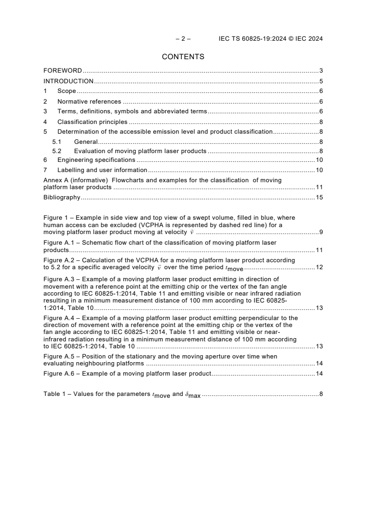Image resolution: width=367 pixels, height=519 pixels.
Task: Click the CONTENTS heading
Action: click(x=183, y=57)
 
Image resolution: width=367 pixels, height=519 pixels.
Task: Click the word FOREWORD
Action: click(x=62, y=71)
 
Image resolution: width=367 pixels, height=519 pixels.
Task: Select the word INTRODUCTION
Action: click(x=68, y=81)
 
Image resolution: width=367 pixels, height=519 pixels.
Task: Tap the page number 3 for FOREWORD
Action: click(x=321, y=71)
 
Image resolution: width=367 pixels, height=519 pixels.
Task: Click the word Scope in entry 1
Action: click(x=67, y=91)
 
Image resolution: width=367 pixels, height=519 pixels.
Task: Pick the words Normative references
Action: click(x=89, y=101)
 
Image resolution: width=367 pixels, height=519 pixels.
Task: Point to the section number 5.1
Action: click(x=56, y=142)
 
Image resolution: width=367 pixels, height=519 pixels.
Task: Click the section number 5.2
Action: click(x=56, y=151)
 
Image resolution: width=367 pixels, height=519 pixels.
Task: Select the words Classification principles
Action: click(x=92, y=122)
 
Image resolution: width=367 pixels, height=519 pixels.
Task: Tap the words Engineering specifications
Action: click(x=96, y=160)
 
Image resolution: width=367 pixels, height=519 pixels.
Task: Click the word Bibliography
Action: click(x=62, y=197)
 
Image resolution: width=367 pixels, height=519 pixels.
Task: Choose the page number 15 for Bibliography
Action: click(x=319, y=197)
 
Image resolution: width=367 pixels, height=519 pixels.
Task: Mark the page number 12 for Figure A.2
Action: click(x=319, y=268)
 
